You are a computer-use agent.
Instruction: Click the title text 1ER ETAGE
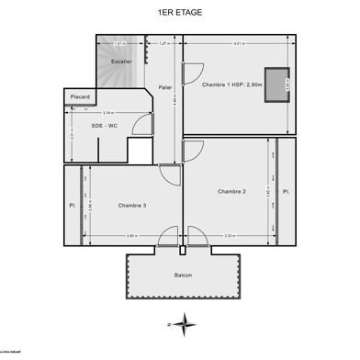click(x=179, y=12)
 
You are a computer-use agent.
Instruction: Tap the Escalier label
click(x=121, y=62)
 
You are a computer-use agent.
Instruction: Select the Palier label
click(x=165, y=88)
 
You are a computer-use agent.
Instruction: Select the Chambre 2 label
click(x=231, y=191)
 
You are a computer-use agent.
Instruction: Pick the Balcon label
click(x=183, y=276)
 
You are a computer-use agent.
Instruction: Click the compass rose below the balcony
click(x=186, y=322)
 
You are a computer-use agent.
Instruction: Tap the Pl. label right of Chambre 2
click(x=287, y=191)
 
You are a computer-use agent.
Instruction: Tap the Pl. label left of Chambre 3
click(x=70, y=204)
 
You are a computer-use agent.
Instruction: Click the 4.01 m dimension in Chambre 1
click(x=239, y=43)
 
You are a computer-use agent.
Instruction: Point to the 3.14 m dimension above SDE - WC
click(x=108, y=113)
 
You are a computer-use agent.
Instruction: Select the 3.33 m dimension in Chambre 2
click(x=229, y=236)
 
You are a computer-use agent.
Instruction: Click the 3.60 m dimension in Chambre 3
click(x=130, y=236)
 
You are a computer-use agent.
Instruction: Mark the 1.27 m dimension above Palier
click(x=164, y=43)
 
